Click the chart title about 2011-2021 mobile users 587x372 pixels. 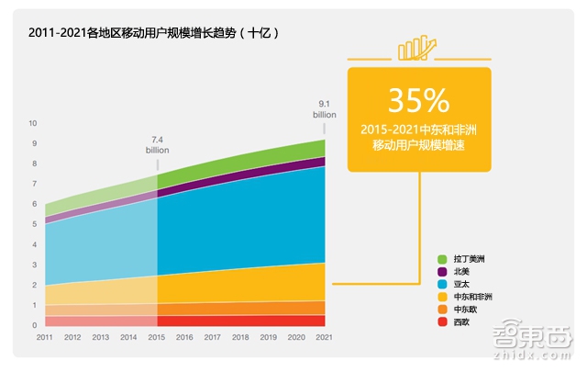click(x=152, y=32)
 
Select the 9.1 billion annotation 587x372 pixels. click(x=325, y=110)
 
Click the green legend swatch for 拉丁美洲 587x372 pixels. click(x=442, y=259)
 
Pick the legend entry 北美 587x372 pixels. click(x=462, y=272)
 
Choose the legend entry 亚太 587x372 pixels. click(x=462, y=285)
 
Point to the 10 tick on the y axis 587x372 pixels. click(x=33, y=123)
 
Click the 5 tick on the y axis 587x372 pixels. click(x=34, y=224)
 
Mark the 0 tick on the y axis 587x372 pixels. click(x=34, y=325)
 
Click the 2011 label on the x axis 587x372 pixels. click(x=44, y=339)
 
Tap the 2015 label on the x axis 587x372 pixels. click(x=157, y=339)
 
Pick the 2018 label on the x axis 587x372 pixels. click(x=241, y=339)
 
